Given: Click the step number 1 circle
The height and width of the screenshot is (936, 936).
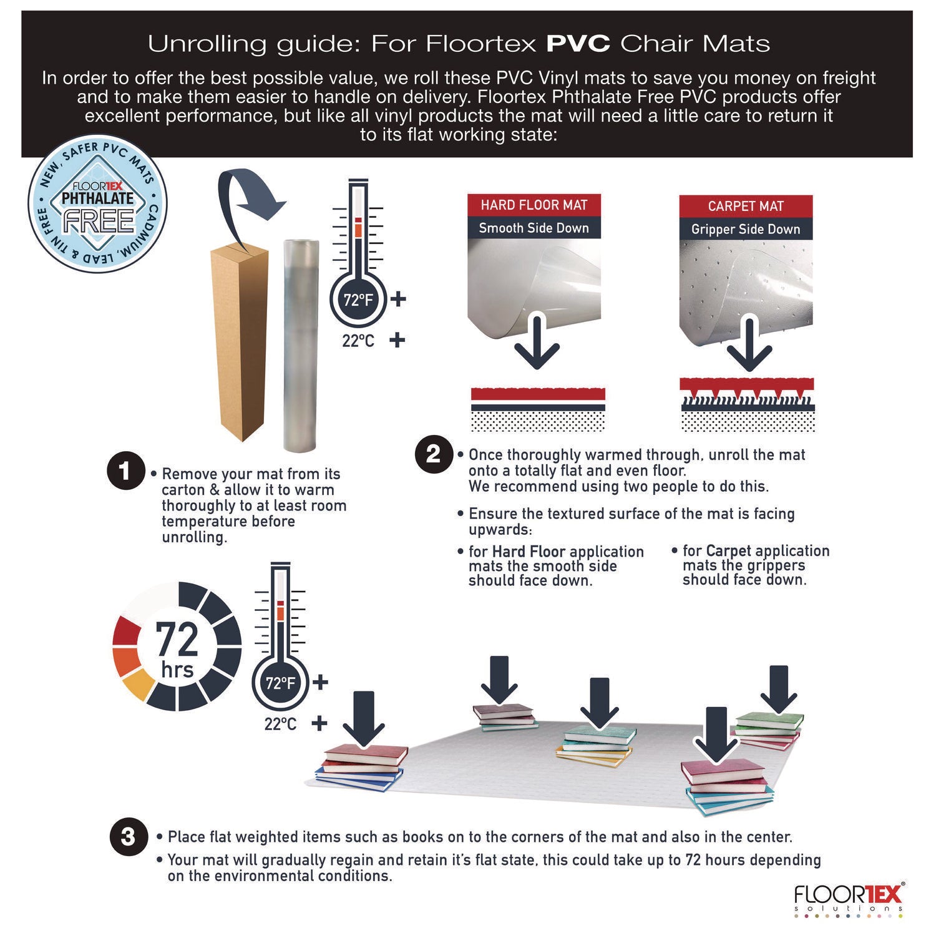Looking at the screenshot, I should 127,470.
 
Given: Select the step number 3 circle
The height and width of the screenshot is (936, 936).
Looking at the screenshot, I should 128,836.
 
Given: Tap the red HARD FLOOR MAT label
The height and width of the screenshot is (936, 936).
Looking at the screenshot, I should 534,205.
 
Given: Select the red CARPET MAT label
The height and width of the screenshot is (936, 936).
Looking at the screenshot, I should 746,207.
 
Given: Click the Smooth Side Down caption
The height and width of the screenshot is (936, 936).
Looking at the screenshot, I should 534,228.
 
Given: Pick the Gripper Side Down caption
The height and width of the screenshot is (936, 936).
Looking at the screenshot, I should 746,229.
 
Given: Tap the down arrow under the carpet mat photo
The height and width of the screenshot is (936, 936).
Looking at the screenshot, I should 749,347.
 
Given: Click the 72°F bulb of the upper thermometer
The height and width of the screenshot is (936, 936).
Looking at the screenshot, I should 358,300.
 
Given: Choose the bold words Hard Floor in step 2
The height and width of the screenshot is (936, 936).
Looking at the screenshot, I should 529,552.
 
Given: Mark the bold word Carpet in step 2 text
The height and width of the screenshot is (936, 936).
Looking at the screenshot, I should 729,550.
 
